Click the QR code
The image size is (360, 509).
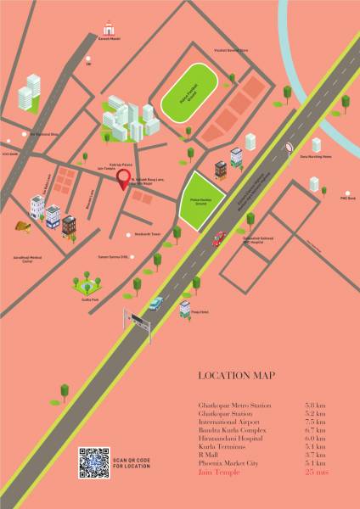pyautogui.click(x=93, y=464)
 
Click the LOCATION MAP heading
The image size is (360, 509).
pyautogui.click(x=236, y=376)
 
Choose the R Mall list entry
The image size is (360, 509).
pyautogui.click(x=207, y=455)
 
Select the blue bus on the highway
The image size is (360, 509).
pyautogui.click(x=155, y=303)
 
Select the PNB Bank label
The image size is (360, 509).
pyautogui.click(x=346, y=198)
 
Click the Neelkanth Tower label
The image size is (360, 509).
pyautogui.click(x=147, y=233)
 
